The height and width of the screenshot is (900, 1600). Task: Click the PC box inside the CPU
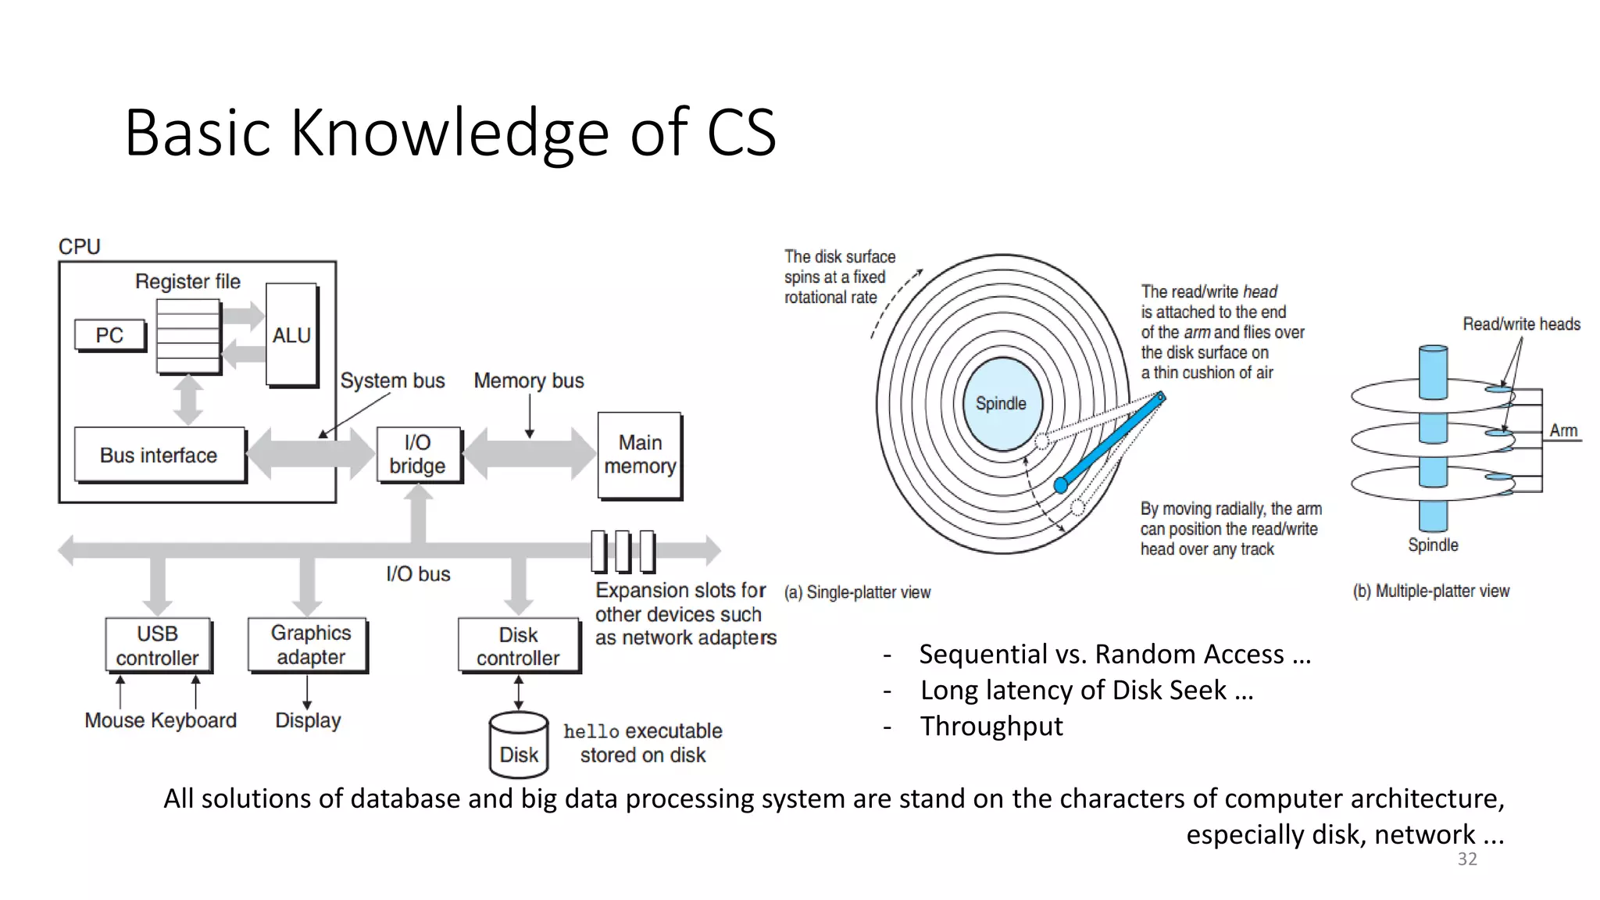pos(110,335)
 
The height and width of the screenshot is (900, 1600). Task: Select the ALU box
pos(291,335)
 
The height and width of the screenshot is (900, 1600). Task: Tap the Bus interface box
pos(159,455)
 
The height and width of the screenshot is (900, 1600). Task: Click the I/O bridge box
pos(418,454)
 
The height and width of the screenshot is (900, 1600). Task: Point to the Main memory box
pos(640,455)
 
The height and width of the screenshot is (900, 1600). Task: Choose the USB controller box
pos(158,645)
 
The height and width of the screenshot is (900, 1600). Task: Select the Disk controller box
pos(519,646)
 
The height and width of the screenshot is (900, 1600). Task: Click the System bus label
pos(392,380)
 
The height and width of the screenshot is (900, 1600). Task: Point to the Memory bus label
pos(529,380)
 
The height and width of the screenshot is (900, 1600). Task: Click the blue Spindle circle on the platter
pos(1002,403)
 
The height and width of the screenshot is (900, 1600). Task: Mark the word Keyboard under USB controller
pos(194,720)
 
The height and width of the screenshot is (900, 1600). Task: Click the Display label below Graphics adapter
pos(308,720)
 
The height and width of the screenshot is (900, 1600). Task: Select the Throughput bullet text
pos(991,727)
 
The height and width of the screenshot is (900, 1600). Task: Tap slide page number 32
pos(1467,859)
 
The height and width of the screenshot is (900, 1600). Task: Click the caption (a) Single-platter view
pos(857,592)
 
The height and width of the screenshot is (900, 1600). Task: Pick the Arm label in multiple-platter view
pos(1563,430)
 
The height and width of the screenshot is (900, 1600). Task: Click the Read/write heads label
pos(1521,324)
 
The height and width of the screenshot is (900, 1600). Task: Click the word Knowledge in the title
pos(450,133)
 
